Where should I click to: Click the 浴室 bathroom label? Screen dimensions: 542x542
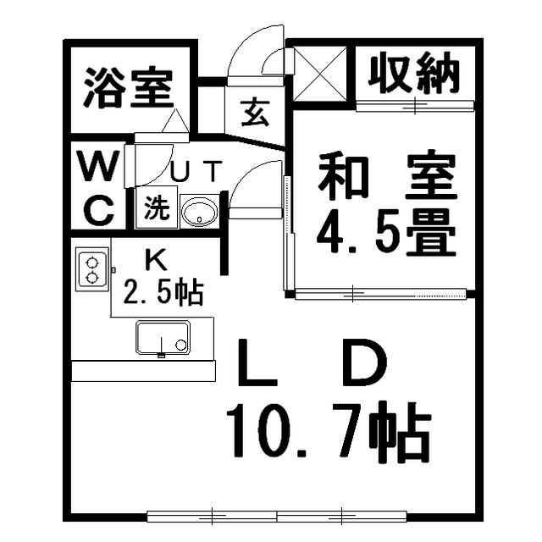[x=128, y=88]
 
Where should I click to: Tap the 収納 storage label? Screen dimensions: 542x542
[x=413, y=73]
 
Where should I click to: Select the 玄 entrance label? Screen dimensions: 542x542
[x=255, y=113]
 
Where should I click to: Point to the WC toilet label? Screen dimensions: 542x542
[x=99, y=187]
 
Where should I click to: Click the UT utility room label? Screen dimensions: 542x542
[x=196, y=171]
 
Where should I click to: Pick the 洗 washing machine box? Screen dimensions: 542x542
[x=157, y=207]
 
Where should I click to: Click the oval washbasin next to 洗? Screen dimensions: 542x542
[x=200, y=211]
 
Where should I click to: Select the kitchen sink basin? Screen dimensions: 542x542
[x=163, y=338]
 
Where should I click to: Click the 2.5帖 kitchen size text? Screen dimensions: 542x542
[x=162, y=292]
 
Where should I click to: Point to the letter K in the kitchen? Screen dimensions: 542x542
[x=156, y=260]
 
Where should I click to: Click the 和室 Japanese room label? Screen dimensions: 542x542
[x=387, y=175]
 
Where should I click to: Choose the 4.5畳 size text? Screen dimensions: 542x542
[x=386, y=231]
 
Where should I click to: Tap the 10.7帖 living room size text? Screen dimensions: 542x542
[x=329, y=431]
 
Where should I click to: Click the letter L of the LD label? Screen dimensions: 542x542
[x=257, y=363]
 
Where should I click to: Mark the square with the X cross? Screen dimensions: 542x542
[x=320, y=74]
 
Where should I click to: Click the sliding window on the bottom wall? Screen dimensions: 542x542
[x=277, y=517]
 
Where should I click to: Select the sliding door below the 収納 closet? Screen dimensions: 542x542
[x=415, y=105]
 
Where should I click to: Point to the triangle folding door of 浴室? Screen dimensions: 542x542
[x=175, y=120]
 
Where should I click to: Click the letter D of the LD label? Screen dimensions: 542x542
[x=364, y=363]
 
